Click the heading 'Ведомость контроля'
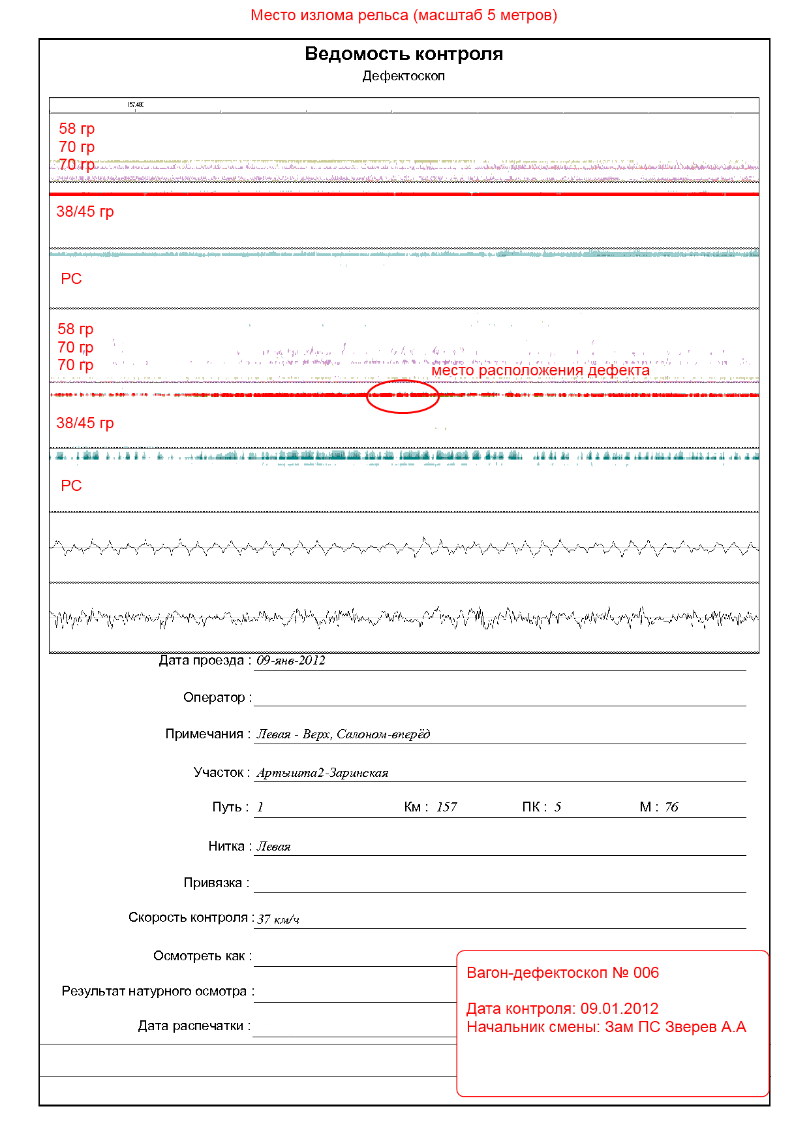coord(404,54)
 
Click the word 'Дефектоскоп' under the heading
coord(404,76)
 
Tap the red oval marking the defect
coord(402,396)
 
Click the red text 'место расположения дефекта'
coord(540,371)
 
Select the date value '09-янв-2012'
coord(290,661)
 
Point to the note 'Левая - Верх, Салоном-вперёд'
coord(343,734)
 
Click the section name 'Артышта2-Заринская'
coord(322,773)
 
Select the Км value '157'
coord(447,808)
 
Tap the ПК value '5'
coord(558,808)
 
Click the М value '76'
coord(671,808)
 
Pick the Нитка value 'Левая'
coord(273,847)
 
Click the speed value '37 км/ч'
coord(279,919)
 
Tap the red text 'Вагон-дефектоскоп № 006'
coord(562,973)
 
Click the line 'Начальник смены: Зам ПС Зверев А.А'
coord(606,1027)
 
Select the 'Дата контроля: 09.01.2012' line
coord(562,1009)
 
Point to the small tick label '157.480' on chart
coord(136,104)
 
